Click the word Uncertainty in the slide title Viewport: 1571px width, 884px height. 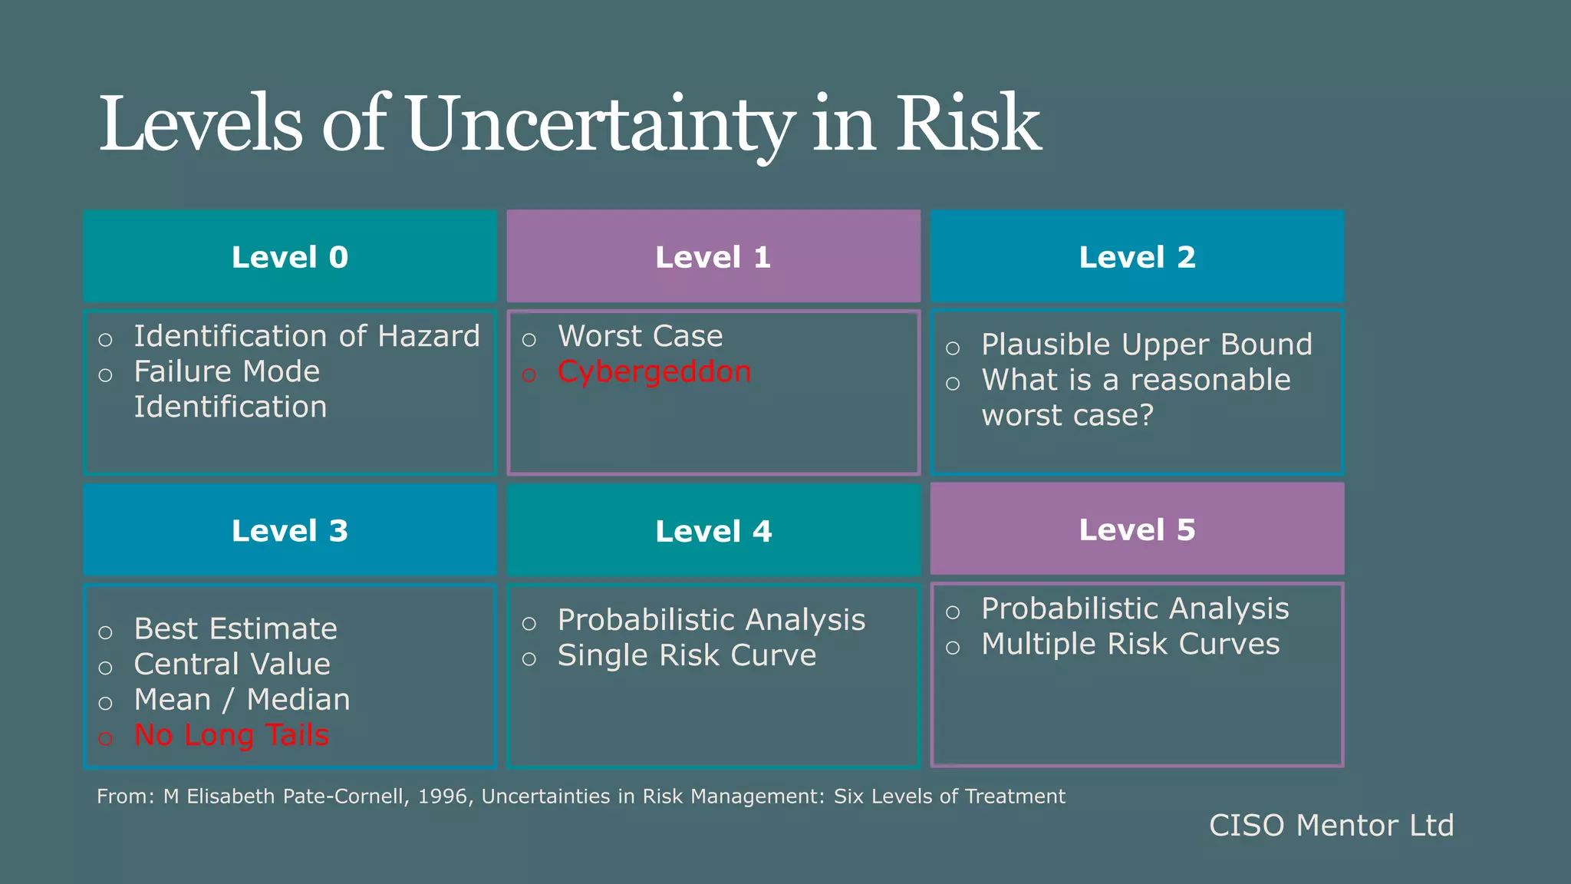[x=598, y=124]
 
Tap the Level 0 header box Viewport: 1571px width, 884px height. [x=290, y=257]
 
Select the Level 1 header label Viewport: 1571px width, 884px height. [x=713, y=257]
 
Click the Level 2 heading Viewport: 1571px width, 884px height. [x=1137, y=257]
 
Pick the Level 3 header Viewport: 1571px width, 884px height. [x=290, y=531]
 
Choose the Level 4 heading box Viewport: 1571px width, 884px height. [x=713, y=531]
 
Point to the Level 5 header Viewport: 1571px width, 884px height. [x=1137, y=529]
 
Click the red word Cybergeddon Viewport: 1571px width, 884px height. [x=654, y=372]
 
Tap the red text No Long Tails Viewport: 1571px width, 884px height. [x=231, y=735]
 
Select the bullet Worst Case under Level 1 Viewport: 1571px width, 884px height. [x=640, y=336]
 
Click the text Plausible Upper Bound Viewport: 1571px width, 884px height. [x=1147, y=345]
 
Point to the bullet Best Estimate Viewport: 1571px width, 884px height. [x=235, y=629]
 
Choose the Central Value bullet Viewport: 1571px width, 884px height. [x=232, y=665]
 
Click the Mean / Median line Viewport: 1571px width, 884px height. [x=242, y=700]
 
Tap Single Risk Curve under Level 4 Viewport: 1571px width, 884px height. [x=687, y=656]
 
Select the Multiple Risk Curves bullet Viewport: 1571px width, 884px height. [x=1130, y=645]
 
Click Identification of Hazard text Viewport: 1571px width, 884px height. [x=307, y=336]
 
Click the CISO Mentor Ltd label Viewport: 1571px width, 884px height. [x=1331, y=826]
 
